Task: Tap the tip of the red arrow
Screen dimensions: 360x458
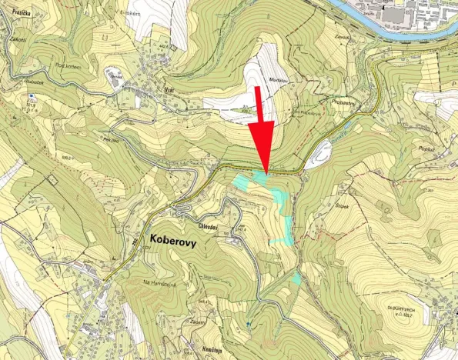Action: point(266,172)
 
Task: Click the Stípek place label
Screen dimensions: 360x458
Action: point(343,205)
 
